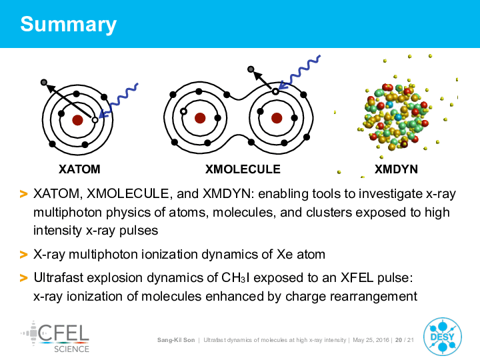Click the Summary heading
(x=68, y=25)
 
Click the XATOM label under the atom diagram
(x=79, y=169)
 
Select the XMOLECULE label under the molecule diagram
(x=243, y=169)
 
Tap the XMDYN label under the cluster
(x=396, y=169)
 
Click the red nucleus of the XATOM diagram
(x=77, y=120)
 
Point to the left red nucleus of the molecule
(x=200, y=118)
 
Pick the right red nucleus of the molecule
(x=277, y=118)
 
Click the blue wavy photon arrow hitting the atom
(x=119, y=101)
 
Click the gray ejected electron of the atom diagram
(x=44, y=83)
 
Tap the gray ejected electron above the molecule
(x=251, y=69)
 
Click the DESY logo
(x=443, y=337)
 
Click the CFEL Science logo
(x=55, y=337)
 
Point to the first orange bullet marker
(x=23, y=194)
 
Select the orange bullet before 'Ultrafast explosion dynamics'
(x=23, y=278)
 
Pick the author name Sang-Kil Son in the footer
(x=176, y=340)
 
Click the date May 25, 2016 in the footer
(x=371, y=340)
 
